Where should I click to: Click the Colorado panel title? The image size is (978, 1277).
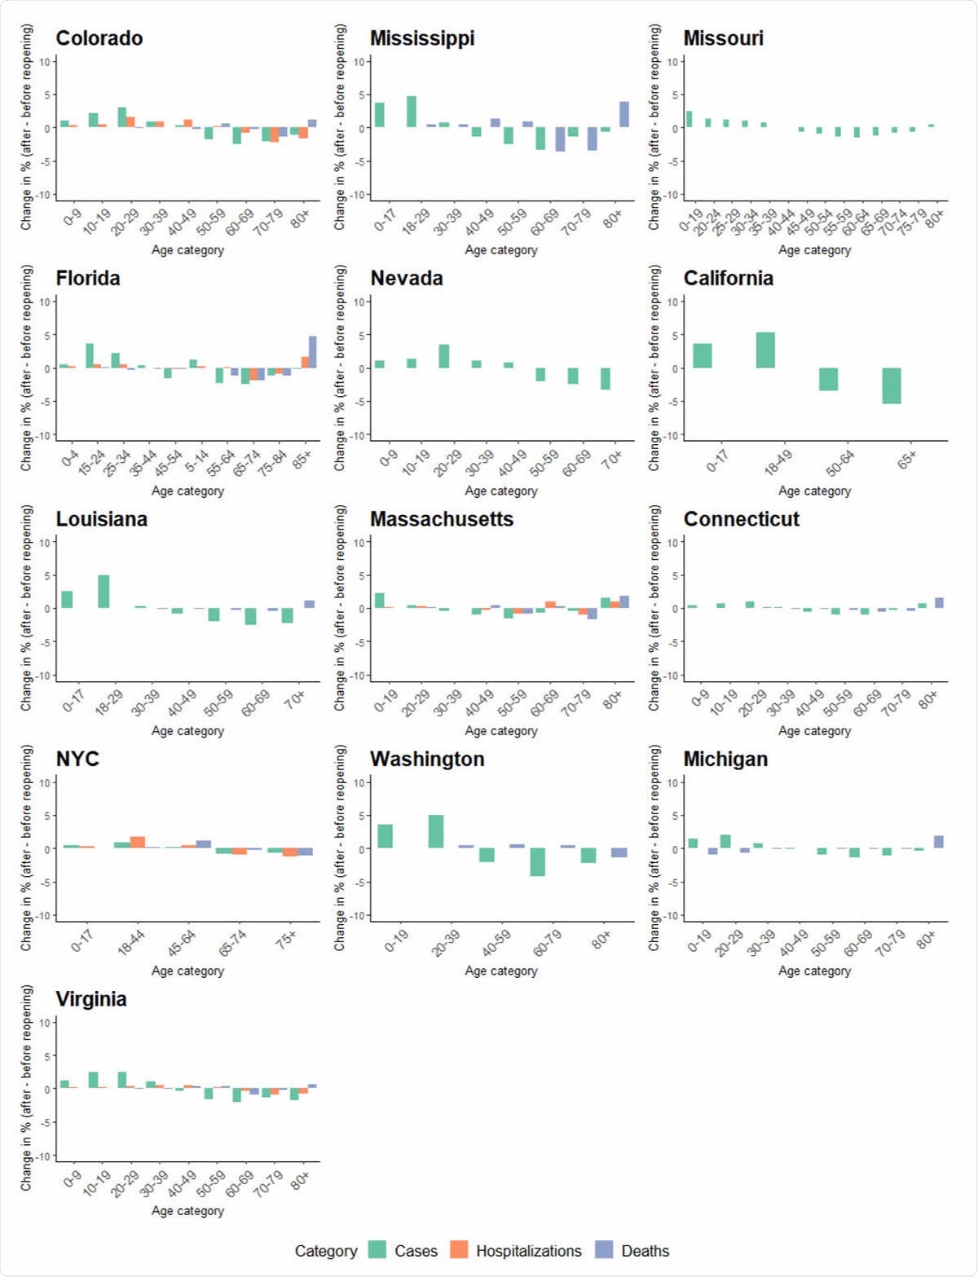coord(99,38)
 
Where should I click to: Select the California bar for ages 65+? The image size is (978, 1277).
coord(891,385)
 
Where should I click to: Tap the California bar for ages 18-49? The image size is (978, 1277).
coord(764,350)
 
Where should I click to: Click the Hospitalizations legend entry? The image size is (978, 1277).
coord(528,1251)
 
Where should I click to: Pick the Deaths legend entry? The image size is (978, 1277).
coord(645,1251)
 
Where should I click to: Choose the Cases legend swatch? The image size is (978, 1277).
coord(377,1250)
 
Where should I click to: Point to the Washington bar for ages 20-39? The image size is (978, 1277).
coord(436,831)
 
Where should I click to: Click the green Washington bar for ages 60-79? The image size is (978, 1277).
coord(537,861)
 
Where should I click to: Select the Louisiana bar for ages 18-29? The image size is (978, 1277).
coord(104,592)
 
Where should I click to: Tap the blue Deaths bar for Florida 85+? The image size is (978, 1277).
coord(312,351)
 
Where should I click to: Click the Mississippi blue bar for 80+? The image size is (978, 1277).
coord(624,114)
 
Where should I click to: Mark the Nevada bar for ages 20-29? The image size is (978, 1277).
coord(443,356)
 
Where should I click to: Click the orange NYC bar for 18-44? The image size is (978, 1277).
coord(138,843)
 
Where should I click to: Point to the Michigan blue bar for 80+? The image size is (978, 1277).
coord(938,842)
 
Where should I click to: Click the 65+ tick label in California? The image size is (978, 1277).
coord(905,460)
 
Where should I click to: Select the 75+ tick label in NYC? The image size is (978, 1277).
coord(286,940)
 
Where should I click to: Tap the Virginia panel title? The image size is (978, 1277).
coord(90,999)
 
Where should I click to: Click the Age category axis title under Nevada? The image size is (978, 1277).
coord(500,491)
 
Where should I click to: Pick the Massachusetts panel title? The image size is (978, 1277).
coord(441,519)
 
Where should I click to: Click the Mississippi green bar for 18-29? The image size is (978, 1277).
coord(412,112)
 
